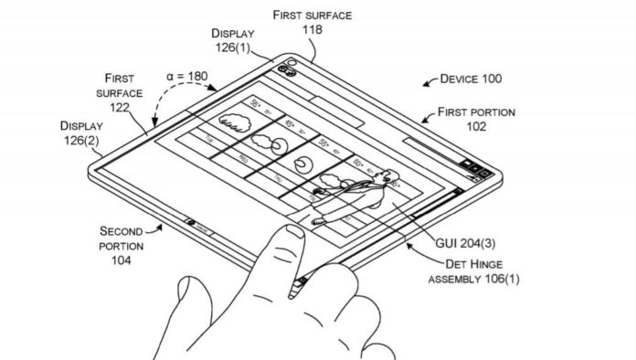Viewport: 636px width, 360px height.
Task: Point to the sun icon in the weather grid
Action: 302,164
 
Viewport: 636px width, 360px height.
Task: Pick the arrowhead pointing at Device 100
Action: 427,85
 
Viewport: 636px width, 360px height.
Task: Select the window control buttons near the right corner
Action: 474,165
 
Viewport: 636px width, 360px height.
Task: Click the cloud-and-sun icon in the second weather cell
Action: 266,141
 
